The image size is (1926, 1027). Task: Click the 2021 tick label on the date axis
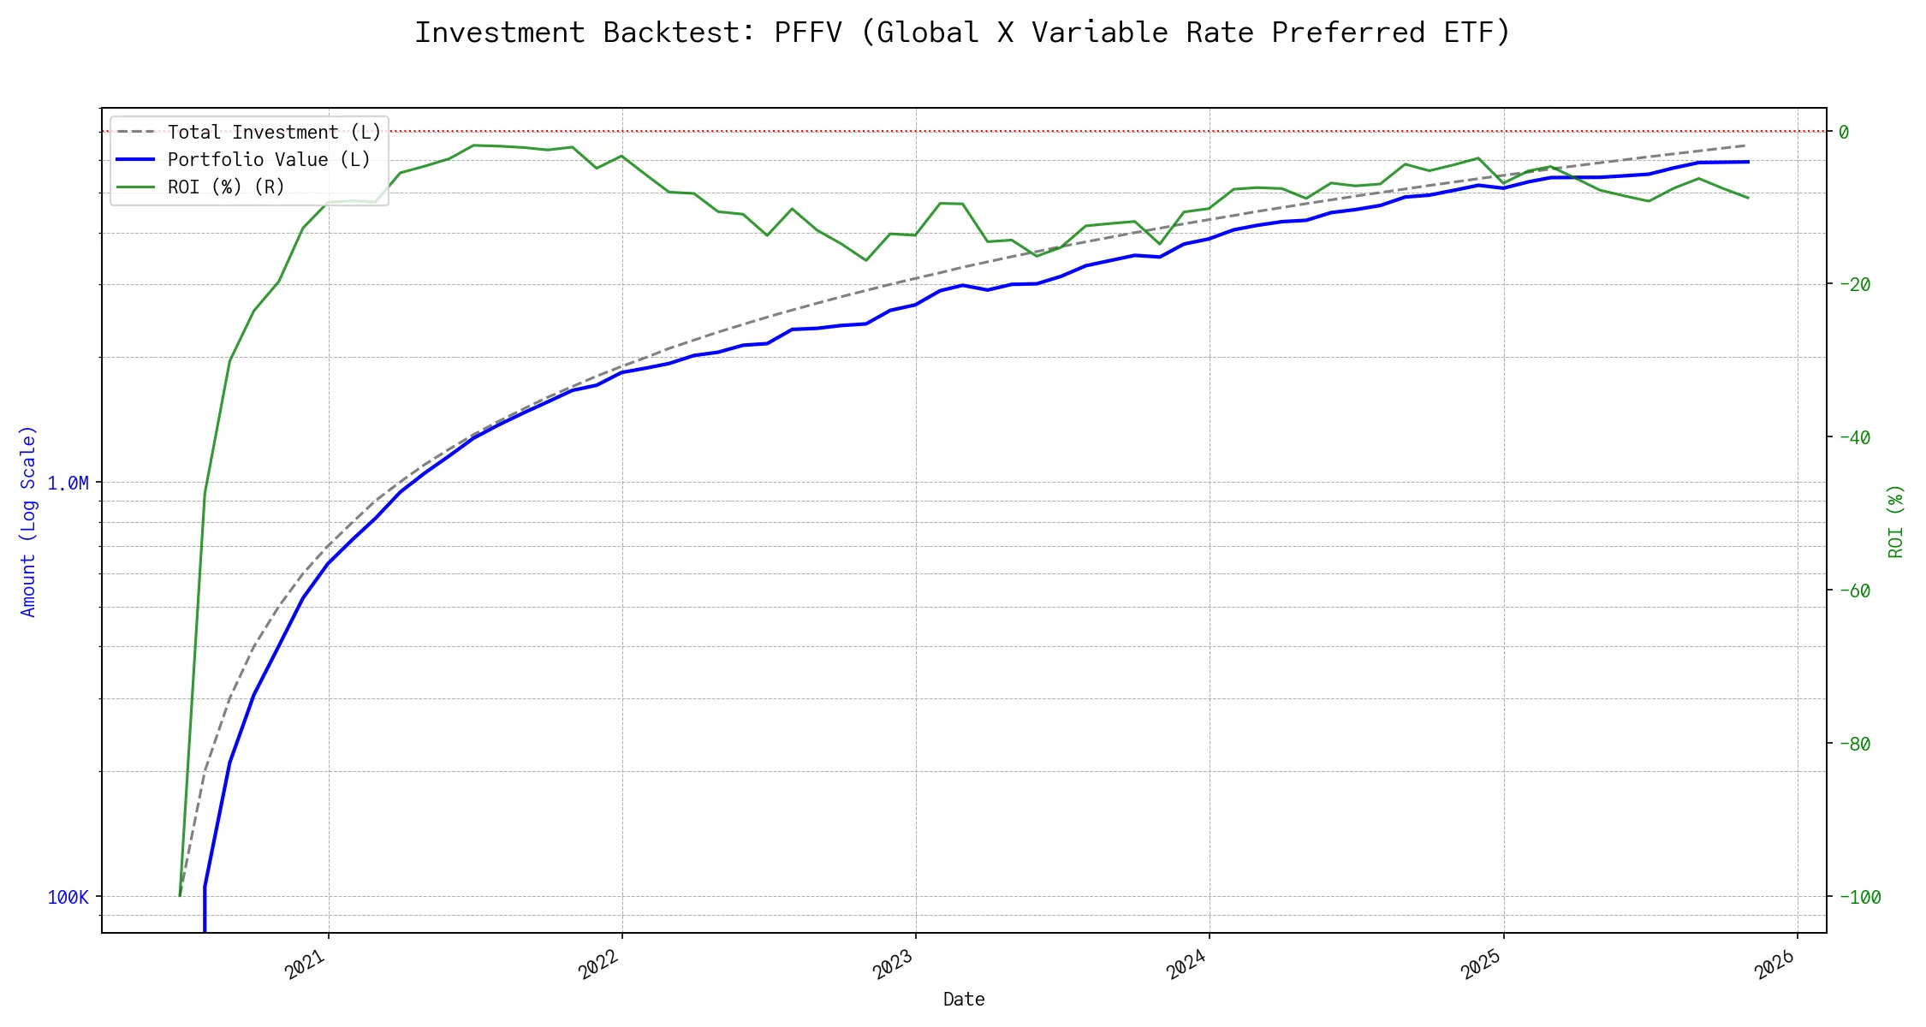(x=306, y=965)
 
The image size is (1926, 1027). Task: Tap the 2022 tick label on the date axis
(x=599, y=965)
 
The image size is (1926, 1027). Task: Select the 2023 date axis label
(x=894, y=965)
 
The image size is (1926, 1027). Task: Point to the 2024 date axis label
(x=1187, y=965)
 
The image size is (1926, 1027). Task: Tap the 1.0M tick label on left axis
(x=68, y=484)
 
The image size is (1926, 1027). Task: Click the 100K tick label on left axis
(x=68, y=898)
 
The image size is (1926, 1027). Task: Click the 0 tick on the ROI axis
(x=1844, y=132)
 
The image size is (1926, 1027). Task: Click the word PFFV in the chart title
(x=807, y=33)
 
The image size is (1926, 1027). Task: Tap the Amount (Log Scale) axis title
(x=29, y=520)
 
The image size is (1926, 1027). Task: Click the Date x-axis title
(x=964, y=1000)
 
